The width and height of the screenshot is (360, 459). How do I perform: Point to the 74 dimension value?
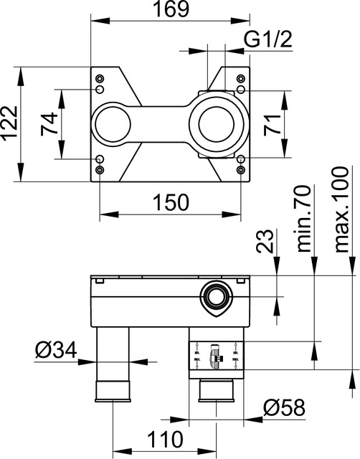(x=49, y=125)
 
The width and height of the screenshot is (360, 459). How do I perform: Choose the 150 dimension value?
(x=170, y=202)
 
